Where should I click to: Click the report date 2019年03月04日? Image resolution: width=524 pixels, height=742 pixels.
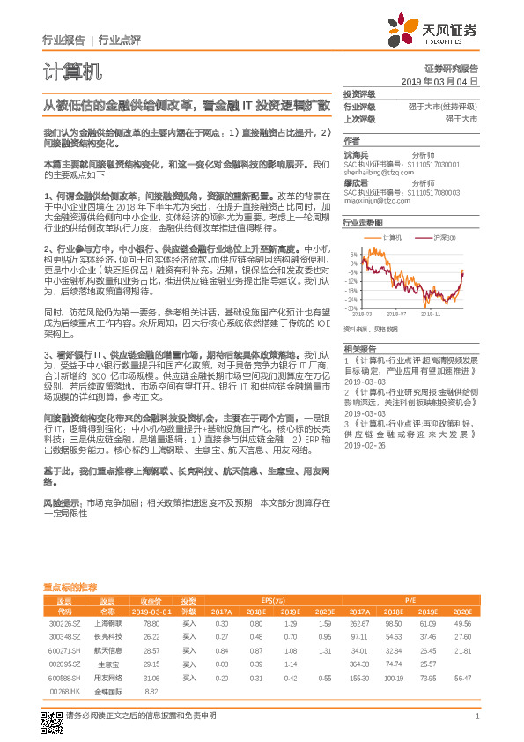click(x=446, y=81)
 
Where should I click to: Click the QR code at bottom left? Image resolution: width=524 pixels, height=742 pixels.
click(x=53, y=712)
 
